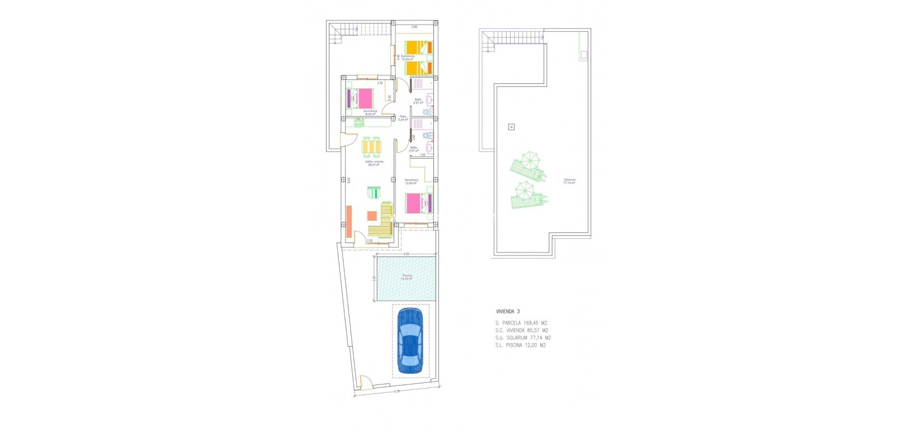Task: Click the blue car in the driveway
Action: (x=410, y=340)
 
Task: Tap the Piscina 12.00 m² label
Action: (x=407, y=277)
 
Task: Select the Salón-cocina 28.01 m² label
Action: (x=375, y=163)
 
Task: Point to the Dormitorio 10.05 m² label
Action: (x=408, y=58)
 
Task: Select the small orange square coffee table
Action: (x=372, y=216)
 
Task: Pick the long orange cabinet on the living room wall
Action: (x=348, y=222)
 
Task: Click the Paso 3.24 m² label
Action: (x=403, y=118)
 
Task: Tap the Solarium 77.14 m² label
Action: (x=569, y=181)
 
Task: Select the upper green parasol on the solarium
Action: (x=529, y=160)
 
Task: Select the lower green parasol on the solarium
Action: (x=525, y=191)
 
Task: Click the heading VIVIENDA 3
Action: (x=508, y=311)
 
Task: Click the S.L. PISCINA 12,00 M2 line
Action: (x=520, y=345)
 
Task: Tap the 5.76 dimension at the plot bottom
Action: (x=396, y=391)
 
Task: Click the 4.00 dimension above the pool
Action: (x=407, y=254)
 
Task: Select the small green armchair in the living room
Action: (x=374, y=192)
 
